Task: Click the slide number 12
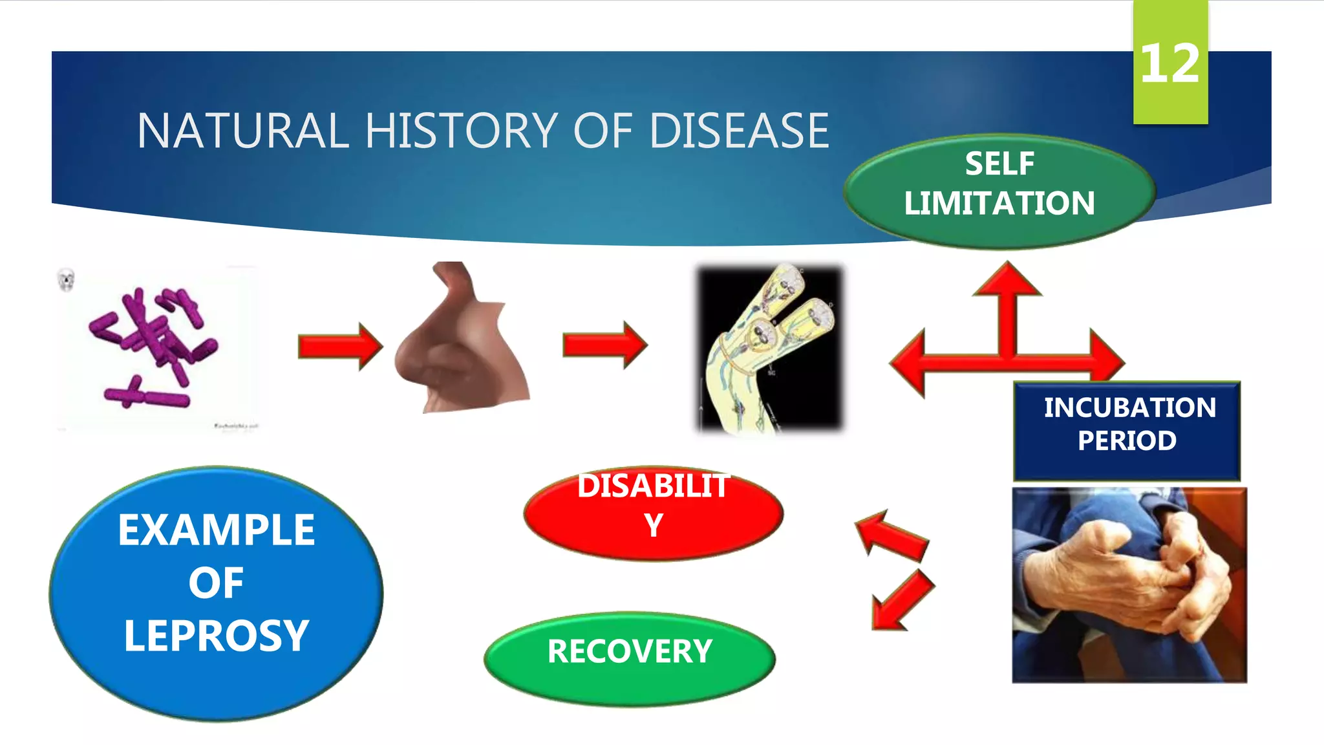point(1170,63)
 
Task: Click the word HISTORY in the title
point(461,131)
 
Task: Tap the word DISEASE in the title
point(739,131)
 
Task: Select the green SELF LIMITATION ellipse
point(999,191)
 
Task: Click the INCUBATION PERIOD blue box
point(1127,430)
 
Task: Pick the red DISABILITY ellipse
point(653,514)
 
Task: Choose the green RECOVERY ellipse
point(630,658)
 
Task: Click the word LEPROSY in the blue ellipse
point(217,636)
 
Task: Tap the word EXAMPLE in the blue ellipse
point(217,530)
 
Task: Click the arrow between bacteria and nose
point(340,347)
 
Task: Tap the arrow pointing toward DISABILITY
point(893,535)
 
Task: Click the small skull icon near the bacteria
point(66,280)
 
